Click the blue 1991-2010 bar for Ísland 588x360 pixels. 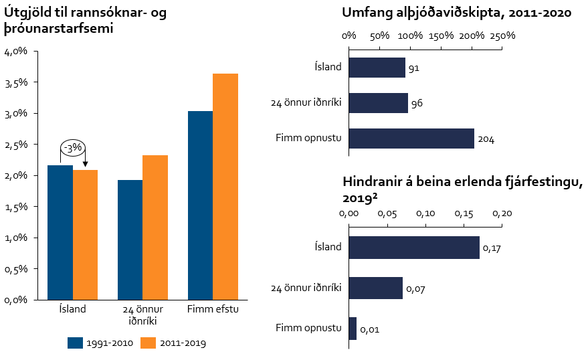tap(60, 232)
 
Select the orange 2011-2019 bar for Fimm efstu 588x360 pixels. tap(225, 186)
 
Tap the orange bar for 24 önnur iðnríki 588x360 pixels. tap(155, 227)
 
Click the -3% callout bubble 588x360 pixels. tap(72, 147)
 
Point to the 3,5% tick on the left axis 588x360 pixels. tap(16, 82)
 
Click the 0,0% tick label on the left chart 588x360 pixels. tap(16, 300)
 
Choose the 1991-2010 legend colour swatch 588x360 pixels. tap(74, 343)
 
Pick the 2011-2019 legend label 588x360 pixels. tap(183, 343)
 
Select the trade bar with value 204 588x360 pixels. tap(411, 139)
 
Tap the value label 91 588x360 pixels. tap(413, 68)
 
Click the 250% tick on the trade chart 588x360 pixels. tap(502, 35)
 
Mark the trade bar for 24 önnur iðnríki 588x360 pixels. tap(378, 103)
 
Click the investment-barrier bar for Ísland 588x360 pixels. tap(414, 248)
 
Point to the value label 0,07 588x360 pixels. tap(415, 289)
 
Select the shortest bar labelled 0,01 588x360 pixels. tap(353, 329)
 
